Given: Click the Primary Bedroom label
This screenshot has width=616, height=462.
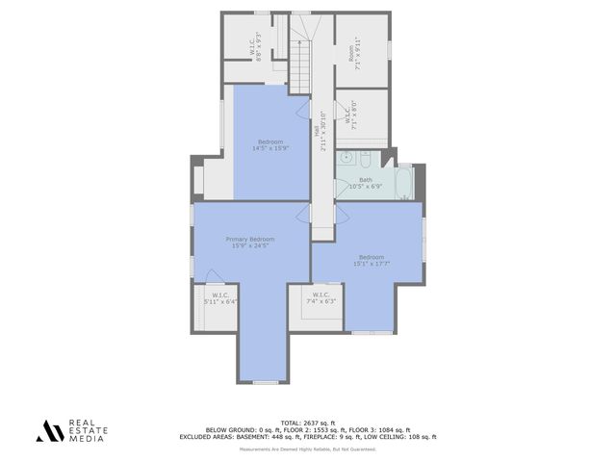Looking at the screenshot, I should click(x=249, y=239).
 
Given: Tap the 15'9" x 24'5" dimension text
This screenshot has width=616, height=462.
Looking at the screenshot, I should click(x=249, y=246).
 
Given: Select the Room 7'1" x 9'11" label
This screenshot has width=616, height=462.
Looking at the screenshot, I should click(x=358, y=48).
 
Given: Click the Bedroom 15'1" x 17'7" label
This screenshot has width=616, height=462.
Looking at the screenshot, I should click(x=372, y=260).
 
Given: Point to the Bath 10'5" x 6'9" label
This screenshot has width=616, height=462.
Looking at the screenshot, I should click(x=365, y=183).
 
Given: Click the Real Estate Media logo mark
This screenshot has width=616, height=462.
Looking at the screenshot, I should click(x=49, y=430).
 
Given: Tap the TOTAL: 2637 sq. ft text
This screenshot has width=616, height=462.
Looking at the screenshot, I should click(x=307, y=422).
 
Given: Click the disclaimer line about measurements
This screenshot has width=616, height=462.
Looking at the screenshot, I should click(x=308, y=449).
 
